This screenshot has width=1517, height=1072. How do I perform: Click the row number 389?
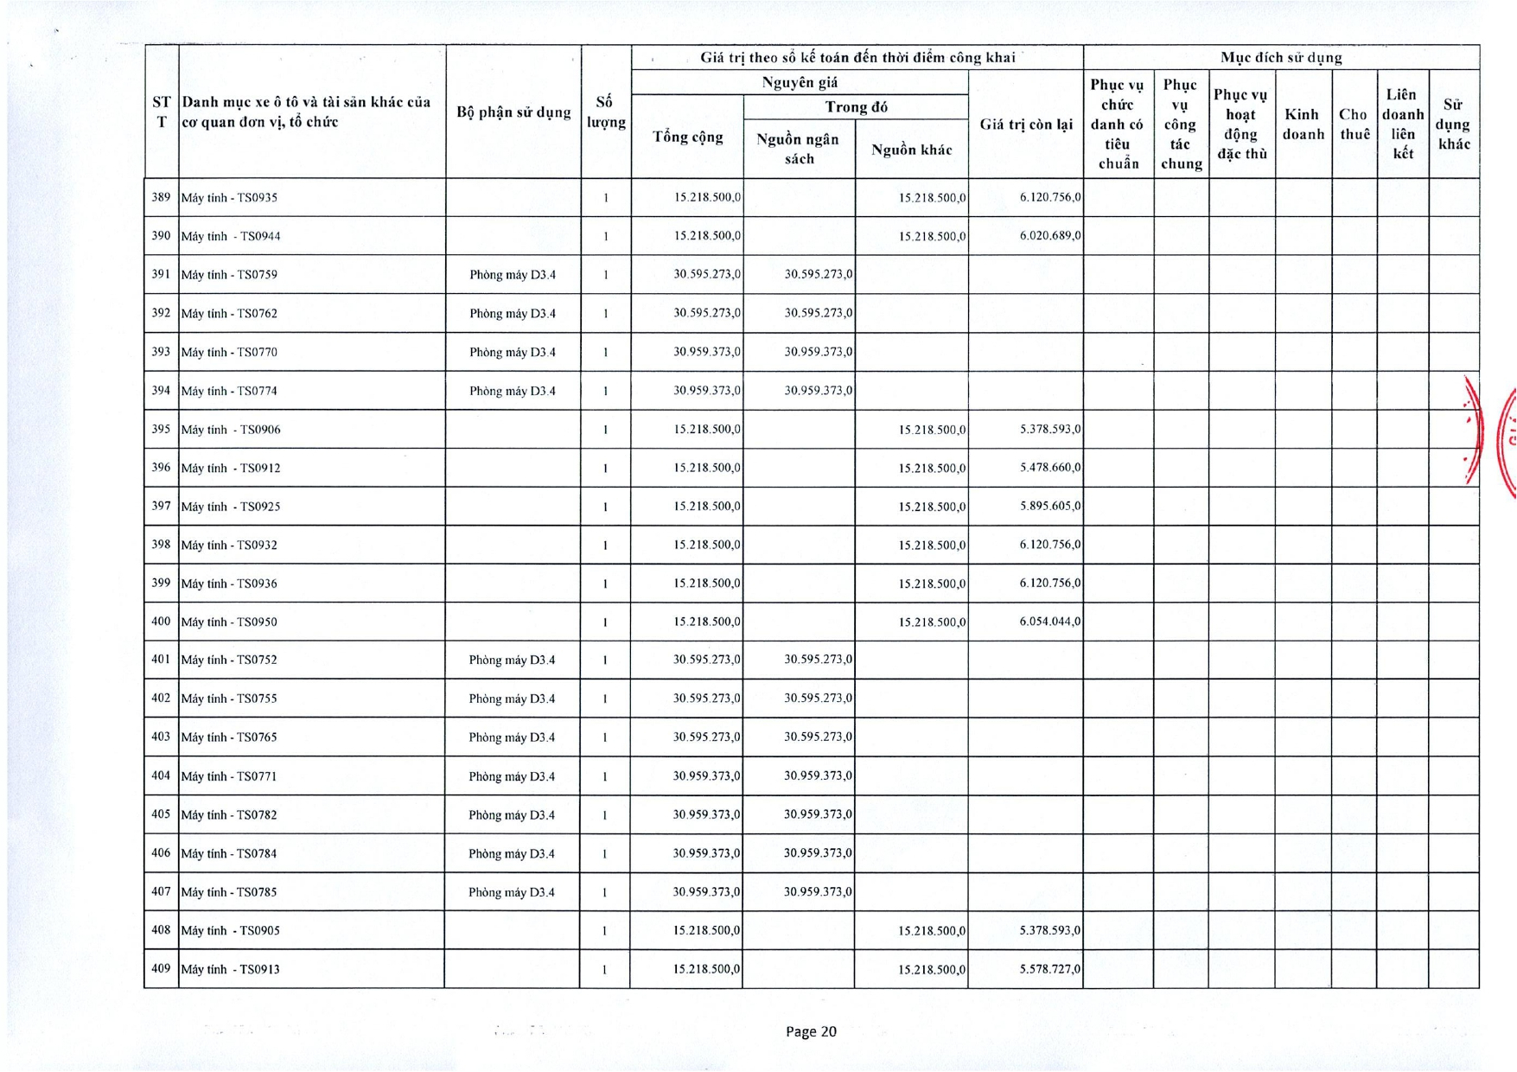(x=161, y=197)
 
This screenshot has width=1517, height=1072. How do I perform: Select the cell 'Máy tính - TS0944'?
(x=231, y=236)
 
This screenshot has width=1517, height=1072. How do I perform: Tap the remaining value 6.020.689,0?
(x=1049, y=235)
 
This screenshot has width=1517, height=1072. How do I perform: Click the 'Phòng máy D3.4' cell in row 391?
(x=513, y=275)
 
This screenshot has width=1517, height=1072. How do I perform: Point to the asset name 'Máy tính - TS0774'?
(x=229, y=391)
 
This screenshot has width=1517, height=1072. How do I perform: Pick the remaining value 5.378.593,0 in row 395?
(x=1049, y=429)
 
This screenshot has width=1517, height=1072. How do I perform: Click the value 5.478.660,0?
(x=1049, y=468)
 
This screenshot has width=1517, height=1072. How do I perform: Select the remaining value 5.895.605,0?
(x=1049, y=506)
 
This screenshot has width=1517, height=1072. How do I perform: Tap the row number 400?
(x=161, y=622)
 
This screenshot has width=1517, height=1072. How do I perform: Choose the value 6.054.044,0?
(x=1049, y=622)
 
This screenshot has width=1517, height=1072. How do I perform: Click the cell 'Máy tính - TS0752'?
(x=229, y=660)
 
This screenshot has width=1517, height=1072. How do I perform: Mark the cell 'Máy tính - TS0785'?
(x=229, y=892)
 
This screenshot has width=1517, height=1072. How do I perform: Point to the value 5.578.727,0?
(x=1049, y=969)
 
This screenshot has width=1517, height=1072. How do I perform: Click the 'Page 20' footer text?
(x=811, y=1031)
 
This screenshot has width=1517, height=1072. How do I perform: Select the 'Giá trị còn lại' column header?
(x=1026, y=124)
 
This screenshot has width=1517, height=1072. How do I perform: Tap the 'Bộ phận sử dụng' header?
(x=513, y=112)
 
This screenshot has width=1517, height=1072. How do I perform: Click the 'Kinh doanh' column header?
(x=1303, y=124)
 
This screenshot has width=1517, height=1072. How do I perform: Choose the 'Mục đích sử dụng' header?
(x=1281, y=58)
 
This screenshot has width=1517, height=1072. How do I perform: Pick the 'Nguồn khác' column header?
(x=912, y=150)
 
